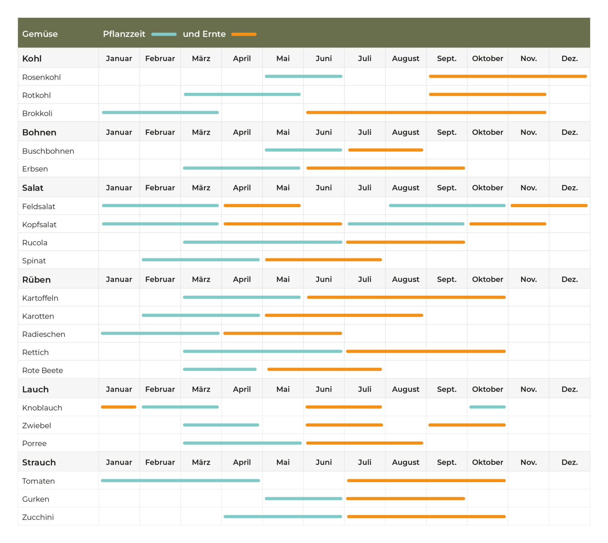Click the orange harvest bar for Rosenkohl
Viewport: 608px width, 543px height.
(508, 76)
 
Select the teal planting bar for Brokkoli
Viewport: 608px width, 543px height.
(160, 113)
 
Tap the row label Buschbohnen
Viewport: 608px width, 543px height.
(48, 151)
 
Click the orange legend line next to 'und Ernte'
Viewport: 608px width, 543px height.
(244, 34)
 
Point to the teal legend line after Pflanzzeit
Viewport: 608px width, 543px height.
(164, 34)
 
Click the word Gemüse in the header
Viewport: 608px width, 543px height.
(40, 34)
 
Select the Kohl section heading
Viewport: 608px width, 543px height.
(32, 59)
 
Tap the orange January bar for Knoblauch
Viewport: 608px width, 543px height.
(119, 407)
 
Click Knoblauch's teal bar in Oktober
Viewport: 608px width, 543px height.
(487, 407)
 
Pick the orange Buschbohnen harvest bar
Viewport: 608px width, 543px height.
(385, 150)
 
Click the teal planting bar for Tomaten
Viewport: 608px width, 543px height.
(180, 480)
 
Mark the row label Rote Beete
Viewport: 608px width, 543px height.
(43, 371)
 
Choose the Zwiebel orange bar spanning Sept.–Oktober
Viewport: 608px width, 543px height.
(467, 425)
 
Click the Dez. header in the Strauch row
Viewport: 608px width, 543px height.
(570, 462)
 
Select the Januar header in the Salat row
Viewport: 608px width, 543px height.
(119, 188)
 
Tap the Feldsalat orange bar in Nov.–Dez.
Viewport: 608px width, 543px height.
(549, 206)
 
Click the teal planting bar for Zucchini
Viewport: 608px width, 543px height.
(283, 516)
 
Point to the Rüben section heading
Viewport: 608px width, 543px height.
(36, 279)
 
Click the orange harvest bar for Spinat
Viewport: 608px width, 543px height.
(323, 260)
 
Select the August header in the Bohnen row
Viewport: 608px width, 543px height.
(405, 132)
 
